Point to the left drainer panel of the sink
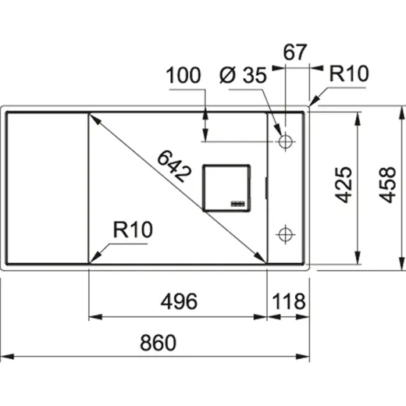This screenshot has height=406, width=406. click(x=45, y=187)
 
